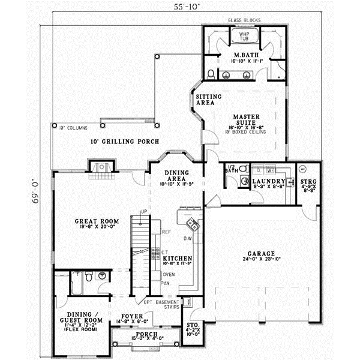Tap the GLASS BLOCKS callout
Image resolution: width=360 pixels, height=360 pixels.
[245, 20]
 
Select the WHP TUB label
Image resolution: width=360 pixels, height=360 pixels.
[244, 37]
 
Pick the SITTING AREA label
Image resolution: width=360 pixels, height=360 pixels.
[208, 100]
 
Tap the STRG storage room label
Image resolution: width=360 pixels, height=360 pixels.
[308, 182]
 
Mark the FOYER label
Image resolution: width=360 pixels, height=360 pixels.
[131, 315]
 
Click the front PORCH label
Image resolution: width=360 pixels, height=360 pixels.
[146, 334]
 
